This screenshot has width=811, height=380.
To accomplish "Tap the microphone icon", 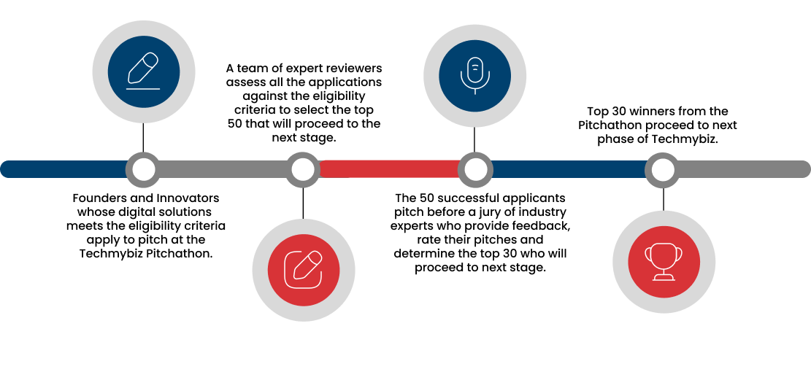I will tap(475, 75).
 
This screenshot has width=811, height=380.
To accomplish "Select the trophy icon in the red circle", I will tap(664, 261).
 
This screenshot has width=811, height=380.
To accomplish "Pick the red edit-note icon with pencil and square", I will tap(304, 269).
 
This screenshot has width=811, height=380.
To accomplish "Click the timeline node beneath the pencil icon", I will tap(144, 169).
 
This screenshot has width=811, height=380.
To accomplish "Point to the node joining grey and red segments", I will tap(303, 169).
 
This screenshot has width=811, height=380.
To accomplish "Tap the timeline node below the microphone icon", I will tap(476, 169).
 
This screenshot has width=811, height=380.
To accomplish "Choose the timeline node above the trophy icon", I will tap(663, 169).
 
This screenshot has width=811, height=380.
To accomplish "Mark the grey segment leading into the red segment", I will tap(223, 169).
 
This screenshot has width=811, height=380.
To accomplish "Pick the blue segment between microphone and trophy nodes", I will tap(569, 169).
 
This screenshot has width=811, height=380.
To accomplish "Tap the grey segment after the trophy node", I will tap(741, 169).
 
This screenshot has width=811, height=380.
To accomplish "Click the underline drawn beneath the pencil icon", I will tap(143, 89).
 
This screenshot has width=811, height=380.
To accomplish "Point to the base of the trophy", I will tap(664, 279).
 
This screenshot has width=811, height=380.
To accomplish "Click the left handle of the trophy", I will tap(647, 254).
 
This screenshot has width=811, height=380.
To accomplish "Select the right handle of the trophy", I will tap(680, 254).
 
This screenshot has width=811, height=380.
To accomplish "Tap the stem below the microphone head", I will tap(475, 91).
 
